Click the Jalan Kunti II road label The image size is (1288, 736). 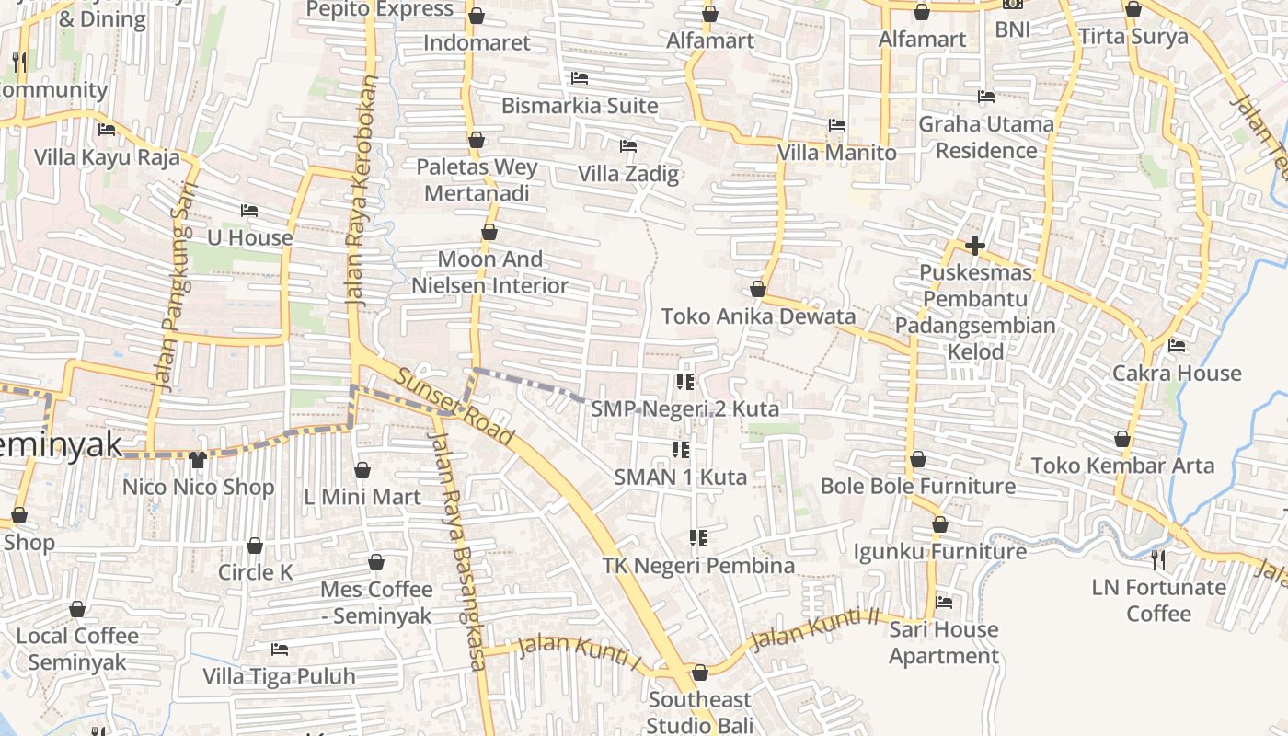tap(814, 629)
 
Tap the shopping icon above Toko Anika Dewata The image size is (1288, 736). tap(758, 290)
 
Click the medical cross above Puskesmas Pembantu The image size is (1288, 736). tap(975, 246)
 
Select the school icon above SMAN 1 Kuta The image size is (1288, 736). tap(681, 449)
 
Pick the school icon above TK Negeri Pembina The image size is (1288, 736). tap(698, 537)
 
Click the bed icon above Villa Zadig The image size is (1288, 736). tap(628, 145)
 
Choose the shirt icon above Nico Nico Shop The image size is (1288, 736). tap(198, 459)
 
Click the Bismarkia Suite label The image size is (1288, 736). tap(580, 106)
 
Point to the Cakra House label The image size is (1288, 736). tap(1177, 374)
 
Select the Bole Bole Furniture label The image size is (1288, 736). tap(918, 486)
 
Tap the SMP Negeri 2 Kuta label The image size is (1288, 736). tap(685, 408)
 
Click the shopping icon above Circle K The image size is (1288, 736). tap(255, 546)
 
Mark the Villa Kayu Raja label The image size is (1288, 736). tap(107, 156)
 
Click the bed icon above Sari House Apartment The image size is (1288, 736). tap(944, 603)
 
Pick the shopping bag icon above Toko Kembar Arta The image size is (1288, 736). tap(1122, 439)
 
